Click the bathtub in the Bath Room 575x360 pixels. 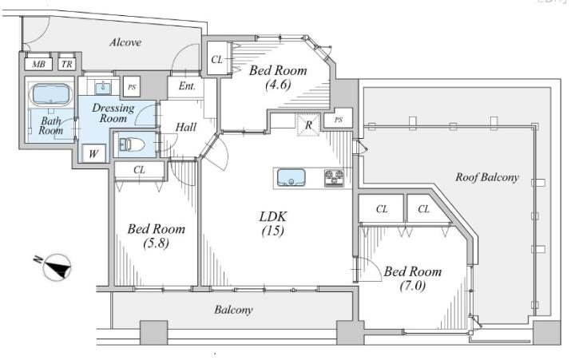coord(51,94)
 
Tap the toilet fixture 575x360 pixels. coord(132,144)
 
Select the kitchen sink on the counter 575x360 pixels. coord(291,178)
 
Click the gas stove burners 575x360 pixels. coord(335,178)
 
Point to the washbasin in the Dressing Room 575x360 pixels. coord(103,88)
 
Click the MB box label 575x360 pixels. coord(39,65)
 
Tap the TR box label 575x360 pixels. coord(67,65)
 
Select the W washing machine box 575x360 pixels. coord(93,153)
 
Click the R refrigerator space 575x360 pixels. coord(308,125)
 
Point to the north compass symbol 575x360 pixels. coord(56,267)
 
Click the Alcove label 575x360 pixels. coord(125,42)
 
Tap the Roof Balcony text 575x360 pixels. coord(487,177)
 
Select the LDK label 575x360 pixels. coord(273,216)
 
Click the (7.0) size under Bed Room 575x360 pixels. coord(413,286)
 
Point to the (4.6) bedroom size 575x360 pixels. coord(278,85)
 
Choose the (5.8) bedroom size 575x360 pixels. coord(157,243)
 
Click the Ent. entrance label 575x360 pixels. coord(187,86)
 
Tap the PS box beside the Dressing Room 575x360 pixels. coord(132,87)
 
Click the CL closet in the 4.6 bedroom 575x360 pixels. coord(216,59)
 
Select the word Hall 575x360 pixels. coord(186,127)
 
